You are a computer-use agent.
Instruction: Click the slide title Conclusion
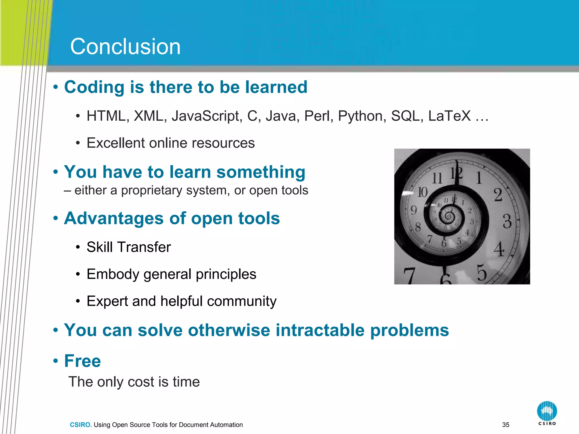(x=125, y=47)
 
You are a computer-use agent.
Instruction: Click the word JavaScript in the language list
(x=207, y=116)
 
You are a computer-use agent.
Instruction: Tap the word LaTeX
(x=449, y=116)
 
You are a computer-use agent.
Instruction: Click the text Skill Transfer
(x=129, y=247)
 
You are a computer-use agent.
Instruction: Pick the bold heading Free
(x=82, y=361)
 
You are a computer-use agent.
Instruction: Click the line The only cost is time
(x=134, y=382)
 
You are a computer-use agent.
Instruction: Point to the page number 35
(x=506, y=425)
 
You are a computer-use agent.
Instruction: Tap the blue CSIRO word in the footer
(x=81, y=425)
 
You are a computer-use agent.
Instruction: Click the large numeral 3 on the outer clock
(x=507, y=221)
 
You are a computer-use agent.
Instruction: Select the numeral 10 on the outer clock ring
(x=422, y=192)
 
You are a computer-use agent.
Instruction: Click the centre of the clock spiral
(x=448, y=217)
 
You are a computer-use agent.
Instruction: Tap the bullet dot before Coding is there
(x=56, y=87)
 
